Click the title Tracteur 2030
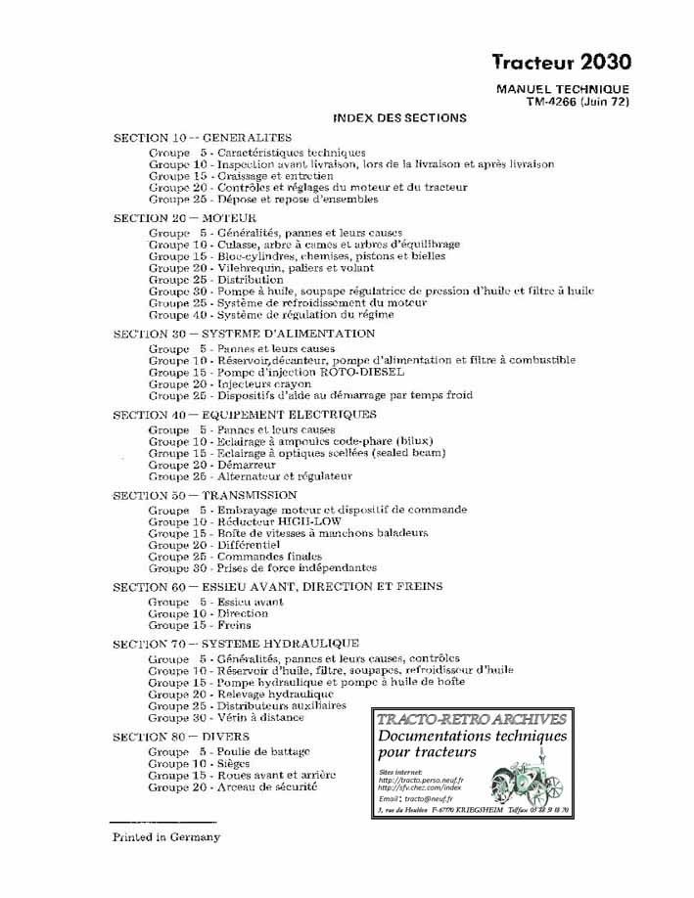click(561, 63)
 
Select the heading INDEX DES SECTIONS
click(399, 117)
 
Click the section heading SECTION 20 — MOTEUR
click(185, 217)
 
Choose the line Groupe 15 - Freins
click(200, 625)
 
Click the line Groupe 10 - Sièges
click(199, 762)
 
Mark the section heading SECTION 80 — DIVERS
click(181, 736)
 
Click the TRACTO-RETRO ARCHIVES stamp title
click(471, 719)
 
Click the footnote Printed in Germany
click(165, 837)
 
